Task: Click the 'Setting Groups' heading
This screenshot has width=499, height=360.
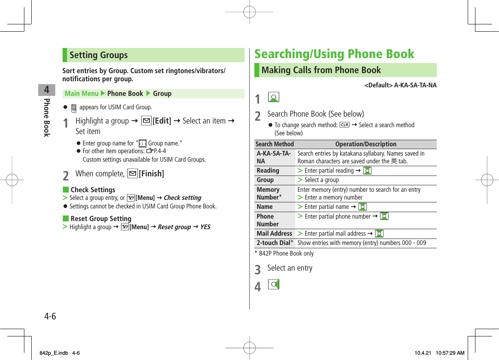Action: [x=99, y=55]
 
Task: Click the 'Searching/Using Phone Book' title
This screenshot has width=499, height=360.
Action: [x=334, y=54]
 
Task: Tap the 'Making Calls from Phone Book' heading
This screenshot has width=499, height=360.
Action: [x=321, y=70]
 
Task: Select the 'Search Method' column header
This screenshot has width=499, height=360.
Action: [x=275, y=144]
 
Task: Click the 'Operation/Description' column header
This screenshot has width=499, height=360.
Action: [x=365, y=144]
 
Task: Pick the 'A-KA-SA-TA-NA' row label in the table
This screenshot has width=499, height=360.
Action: [x=273, y=157]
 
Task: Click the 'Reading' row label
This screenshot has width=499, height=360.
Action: [x=268, y=171]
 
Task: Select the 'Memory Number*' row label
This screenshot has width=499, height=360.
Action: [x=269, y=193]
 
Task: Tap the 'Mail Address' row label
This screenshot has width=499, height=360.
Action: [x=274, y=234]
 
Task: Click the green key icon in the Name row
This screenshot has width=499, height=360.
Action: [x=362, y=207]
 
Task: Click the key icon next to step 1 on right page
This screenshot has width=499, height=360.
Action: [x=274, y=98]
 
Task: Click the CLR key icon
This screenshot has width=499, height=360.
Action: [x=344, y=125]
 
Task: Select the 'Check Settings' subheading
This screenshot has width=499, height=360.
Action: [x=93, y=190]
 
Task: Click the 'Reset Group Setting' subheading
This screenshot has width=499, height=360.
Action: [x=101, y=219]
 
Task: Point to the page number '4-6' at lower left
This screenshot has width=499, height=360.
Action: [x=50, y=316]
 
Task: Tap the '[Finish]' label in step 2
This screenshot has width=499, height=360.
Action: [x=151, y=174]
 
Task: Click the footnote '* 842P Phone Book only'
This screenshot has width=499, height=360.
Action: [x=284, y=254]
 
